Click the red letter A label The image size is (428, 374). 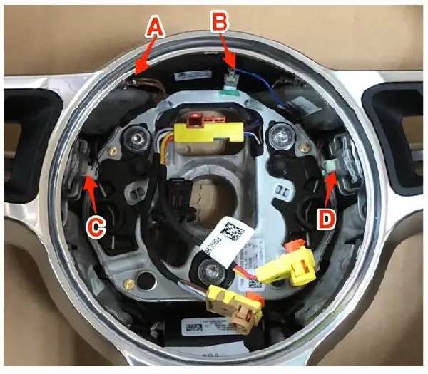(x=156, y=28)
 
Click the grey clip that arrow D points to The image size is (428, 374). (x=333, y=167)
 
